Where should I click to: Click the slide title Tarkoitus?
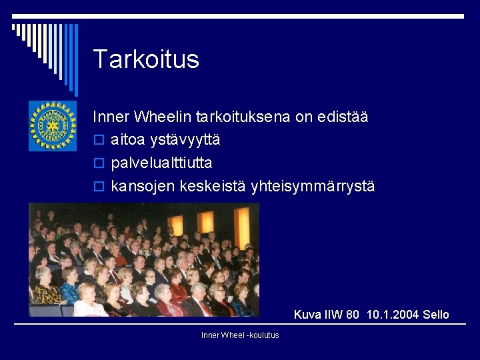pyautogui.click(x=146, y=59)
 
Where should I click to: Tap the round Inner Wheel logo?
pyautogui.click(x=53, y=125)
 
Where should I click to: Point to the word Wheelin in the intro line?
pyautogui.click(x=163, y=117)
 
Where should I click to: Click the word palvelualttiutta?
pyautogui.click(x=162, y=163)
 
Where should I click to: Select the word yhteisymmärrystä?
pyautogui.click(x=313, y=187)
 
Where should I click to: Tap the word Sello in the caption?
pyautogui.click(x=435, y=315)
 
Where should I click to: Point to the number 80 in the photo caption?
pyautogui.click(x=353, y=315)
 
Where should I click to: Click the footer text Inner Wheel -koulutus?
pyautogui.click(x=240, y=335)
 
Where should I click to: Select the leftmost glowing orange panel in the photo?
pyautogui.click(x=175, y=225)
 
